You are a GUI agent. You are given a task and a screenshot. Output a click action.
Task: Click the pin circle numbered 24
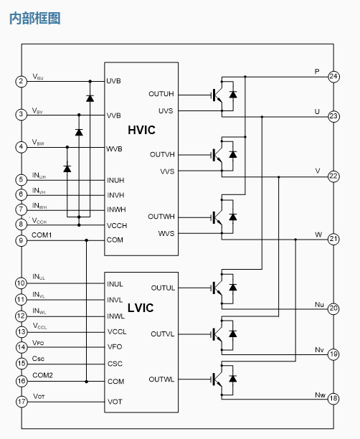[333, 77]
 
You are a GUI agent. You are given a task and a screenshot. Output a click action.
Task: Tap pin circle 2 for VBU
[21, 82]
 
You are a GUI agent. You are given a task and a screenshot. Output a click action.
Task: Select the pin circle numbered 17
[22, 402]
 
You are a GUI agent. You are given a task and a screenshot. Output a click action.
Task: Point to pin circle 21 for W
[333, 239]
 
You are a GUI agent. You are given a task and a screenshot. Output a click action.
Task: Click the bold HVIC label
[141, 130]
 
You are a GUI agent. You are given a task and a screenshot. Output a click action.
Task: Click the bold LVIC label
[141, 308]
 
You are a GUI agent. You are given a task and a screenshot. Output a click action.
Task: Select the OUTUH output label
[161, 94]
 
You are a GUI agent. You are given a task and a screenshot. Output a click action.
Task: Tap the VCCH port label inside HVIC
[117, 225]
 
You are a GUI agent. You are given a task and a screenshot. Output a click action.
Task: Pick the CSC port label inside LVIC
[115, 364]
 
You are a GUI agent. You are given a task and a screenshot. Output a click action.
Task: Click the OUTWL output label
[161, 379]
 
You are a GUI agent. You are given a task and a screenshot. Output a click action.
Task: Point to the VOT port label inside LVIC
[115, 402]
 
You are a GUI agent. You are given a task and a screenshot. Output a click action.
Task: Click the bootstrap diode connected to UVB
[90, 98]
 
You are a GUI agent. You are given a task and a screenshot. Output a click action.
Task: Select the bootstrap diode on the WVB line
[67, 169]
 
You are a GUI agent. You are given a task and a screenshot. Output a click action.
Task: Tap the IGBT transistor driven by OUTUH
[217, 95]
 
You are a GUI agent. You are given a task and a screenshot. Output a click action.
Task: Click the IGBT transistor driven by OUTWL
[217, 379]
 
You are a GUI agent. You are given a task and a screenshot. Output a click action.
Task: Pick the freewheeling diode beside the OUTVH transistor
[233, 154]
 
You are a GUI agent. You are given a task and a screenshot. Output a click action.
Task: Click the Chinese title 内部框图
[35, 19]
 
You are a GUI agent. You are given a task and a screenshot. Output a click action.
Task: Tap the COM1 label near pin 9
[42, 235]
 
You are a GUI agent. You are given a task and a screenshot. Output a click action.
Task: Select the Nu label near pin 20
[319, 305]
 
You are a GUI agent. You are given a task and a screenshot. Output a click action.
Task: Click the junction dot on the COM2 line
[87, 382]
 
